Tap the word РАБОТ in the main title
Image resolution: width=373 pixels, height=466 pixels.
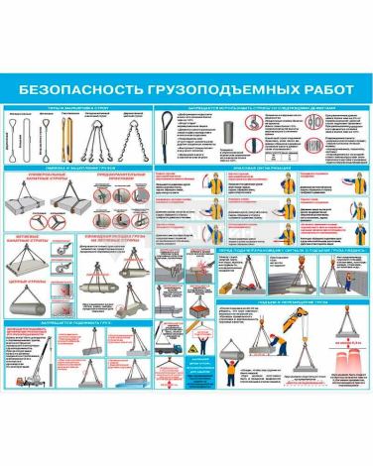320,86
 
